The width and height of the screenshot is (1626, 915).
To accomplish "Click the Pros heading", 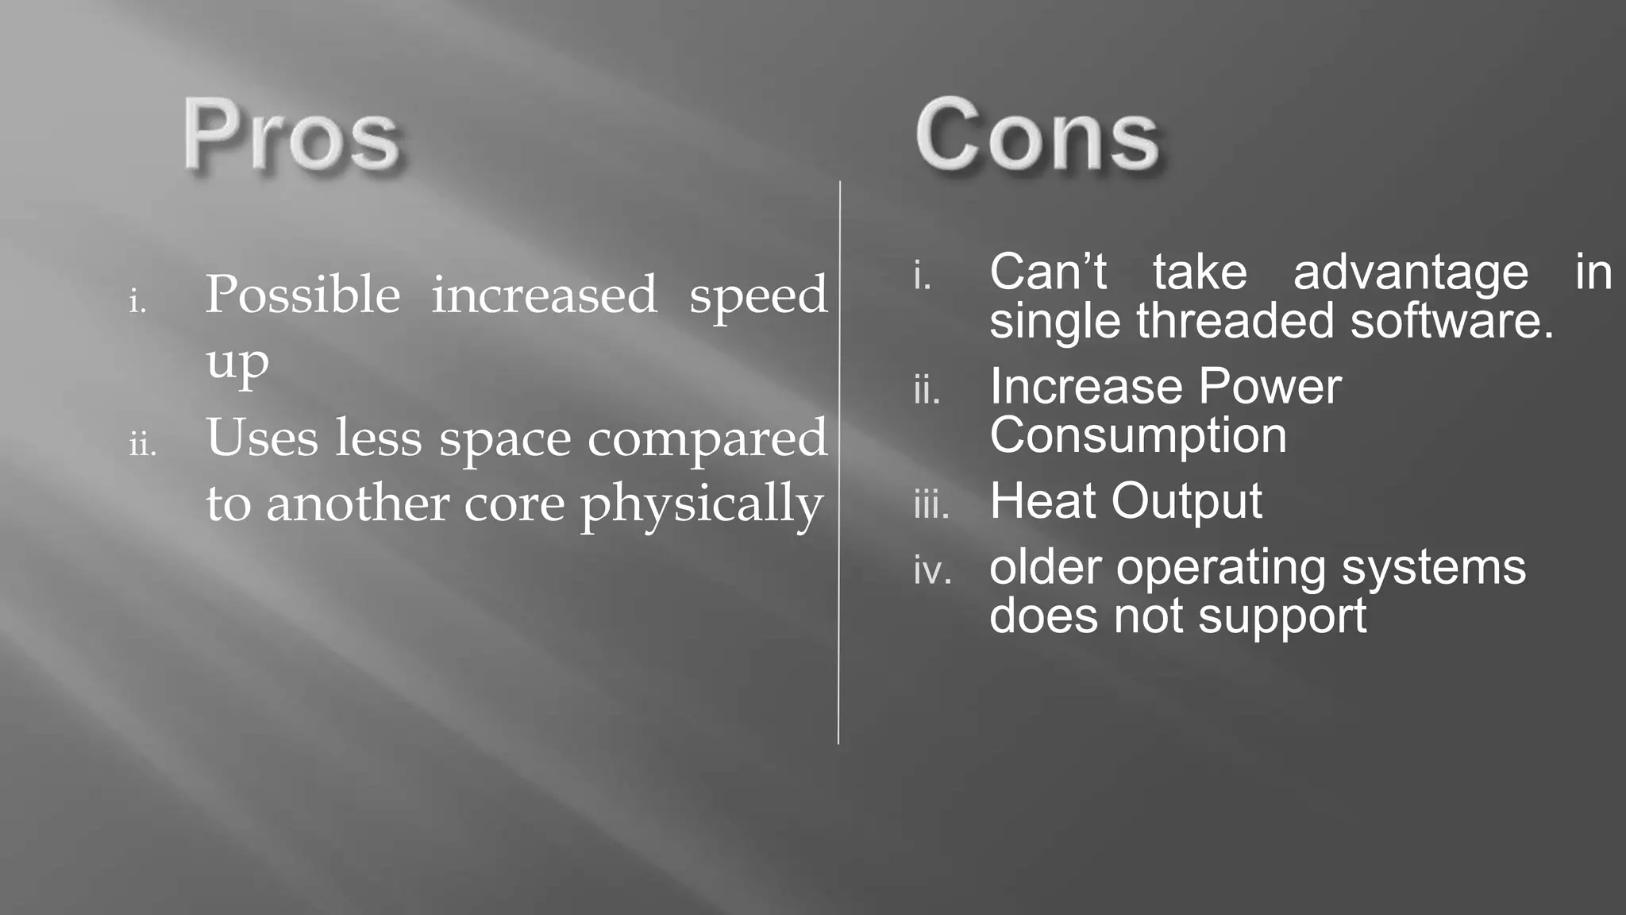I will pos(291,135).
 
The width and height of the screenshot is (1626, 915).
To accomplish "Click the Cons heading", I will pos(1037,135).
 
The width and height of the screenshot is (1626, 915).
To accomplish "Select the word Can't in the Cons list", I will pos(1048,272).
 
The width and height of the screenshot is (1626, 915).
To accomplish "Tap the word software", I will pos(1452,321).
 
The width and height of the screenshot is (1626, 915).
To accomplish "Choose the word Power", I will pos(1270,387).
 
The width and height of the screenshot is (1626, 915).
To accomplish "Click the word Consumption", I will pos(1138,436).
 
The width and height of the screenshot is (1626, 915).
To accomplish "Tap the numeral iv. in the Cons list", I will pos(932,571).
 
